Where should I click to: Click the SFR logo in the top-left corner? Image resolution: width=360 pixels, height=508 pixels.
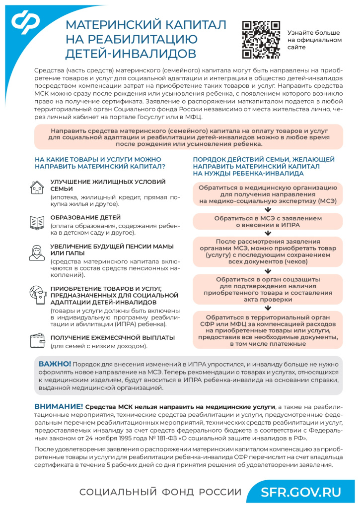[x=28, y=24]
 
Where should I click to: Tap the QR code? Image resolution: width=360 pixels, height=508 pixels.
[x=261, y=40]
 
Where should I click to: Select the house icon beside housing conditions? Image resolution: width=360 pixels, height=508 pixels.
[x=37, y=188]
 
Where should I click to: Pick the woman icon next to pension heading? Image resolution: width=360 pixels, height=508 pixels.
[x=37, y=253]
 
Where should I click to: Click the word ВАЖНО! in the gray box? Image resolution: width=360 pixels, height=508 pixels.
[x=55, y=364]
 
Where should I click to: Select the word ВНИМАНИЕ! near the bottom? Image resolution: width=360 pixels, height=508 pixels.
[x=58, y=406]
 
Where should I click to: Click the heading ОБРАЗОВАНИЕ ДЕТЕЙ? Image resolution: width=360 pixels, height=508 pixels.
[x=85, y=218]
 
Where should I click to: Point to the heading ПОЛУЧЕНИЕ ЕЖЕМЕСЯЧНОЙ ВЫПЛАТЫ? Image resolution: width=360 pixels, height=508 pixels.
[x=112, y=337]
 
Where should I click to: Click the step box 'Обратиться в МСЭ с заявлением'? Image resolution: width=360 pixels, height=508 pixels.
[x=268, y=221]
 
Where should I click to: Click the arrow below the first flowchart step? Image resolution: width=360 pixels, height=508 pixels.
[x=268, y=209]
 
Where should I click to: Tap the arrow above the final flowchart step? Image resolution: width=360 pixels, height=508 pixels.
[x=268, y=306]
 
